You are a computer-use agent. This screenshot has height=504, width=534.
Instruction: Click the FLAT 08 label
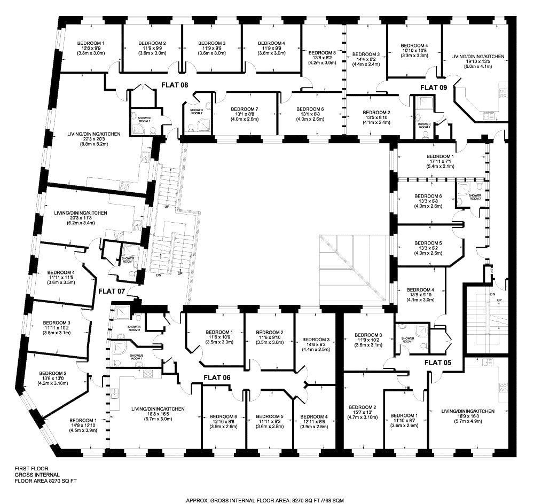176,84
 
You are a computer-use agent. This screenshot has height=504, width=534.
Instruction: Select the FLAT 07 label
111,291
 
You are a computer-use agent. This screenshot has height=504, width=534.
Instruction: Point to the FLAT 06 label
216,377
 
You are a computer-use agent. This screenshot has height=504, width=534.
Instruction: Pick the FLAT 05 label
438,363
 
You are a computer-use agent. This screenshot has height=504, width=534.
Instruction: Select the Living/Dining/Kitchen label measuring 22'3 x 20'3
101,134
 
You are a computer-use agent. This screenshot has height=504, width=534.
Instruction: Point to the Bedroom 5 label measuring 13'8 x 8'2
322,53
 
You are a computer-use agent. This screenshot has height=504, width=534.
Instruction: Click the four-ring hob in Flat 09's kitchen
503,93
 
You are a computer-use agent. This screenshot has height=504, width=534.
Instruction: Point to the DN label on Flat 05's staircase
492,294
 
